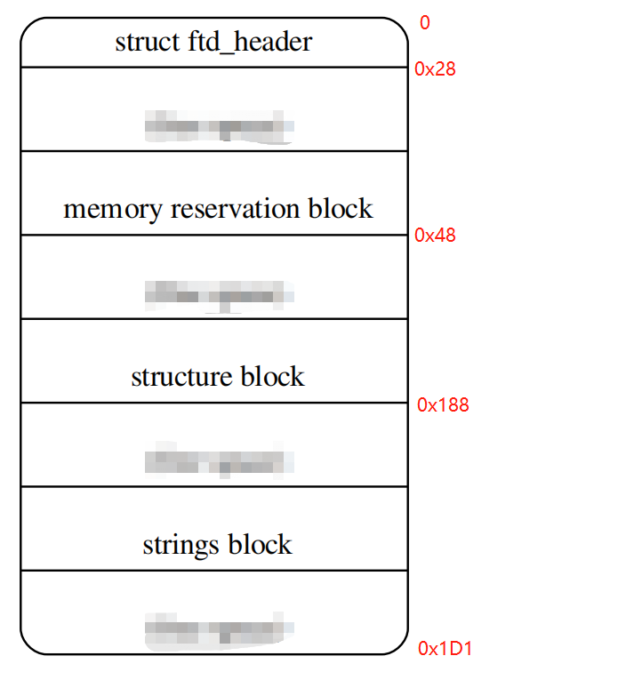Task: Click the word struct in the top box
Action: tap(141, 42)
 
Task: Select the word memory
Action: tap(113, 210)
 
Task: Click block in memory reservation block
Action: tap(341, 210)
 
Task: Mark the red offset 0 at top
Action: tap(424, 23)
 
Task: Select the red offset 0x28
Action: tap(435, 68)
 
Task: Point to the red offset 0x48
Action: tap(435, 236)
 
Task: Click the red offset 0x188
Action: tap(443, 405)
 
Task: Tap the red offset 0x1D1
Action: tap(445, 649)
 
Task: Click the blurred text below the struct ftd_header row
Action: tap(219, 126)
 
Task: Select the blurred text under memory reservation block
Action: tap(219, 294)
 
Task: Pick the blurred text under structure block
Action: tap(219, 461)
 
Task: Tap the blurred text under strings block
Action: tap(219, 628)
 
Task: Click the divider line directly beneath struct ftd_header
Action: tap(213, 67)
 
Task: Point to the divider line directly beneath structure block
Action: tap(213, 403)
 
